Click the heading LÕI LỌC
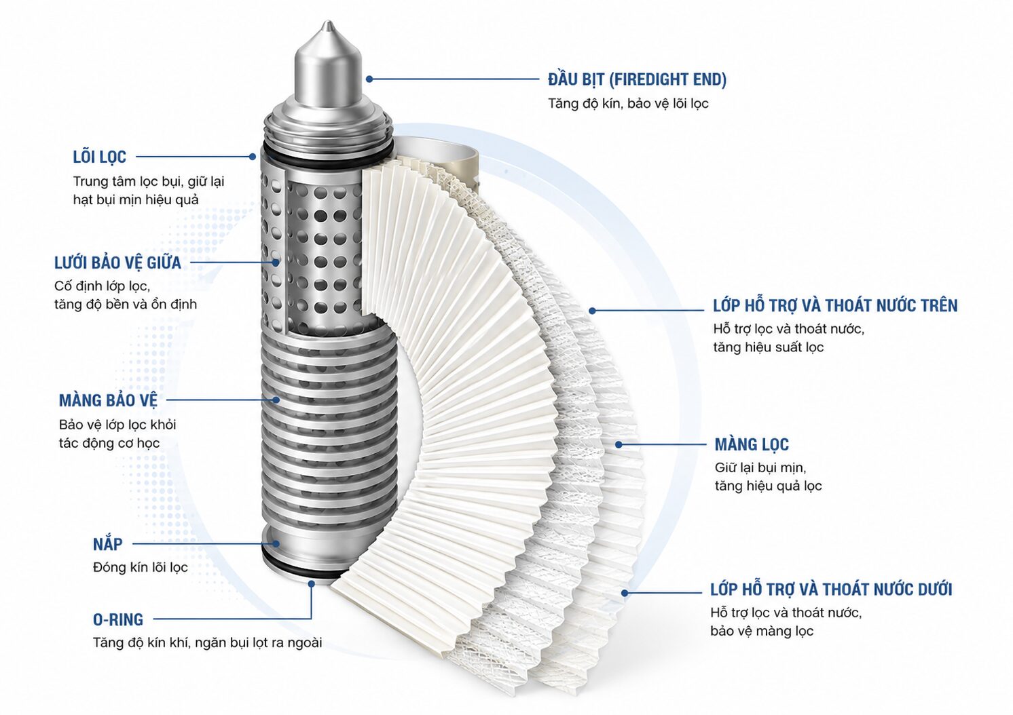[x=100, y=157]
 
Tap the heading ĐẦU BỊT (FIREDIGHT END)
[x=637, y=79]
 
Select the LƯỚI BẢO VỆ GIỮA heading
[x=117, y=262]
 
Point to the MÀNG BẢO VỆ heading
[x=108, y=400]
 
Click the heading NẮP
[x=108, y=543]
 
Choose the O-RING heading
[x=118, y=619]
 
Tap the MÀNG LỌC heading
[x=752, y=444]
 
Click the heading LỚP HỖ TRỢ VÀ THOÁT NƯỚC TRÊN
[x=835, y=305]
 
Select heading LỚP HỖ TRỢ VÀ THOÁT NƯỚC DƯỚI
[x=831, y=590]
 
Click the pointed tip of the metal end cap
[x=329, y=22]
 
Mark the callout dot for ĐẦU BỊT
[x=369, y=79]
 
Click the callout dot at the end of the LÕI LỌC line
[x=253, y=157]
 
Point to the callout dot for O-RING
[x=311, y=583]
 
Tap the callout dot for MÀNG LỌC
[x=619, y=445]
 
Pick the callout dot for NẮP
[x=275, y=543]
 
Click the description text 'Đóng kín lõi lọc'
[x=140, y=567]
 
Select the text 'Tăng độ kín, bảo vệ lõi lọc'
[x=628, y=104]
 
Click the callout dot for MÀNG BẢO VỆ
[x=276, y=400]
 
